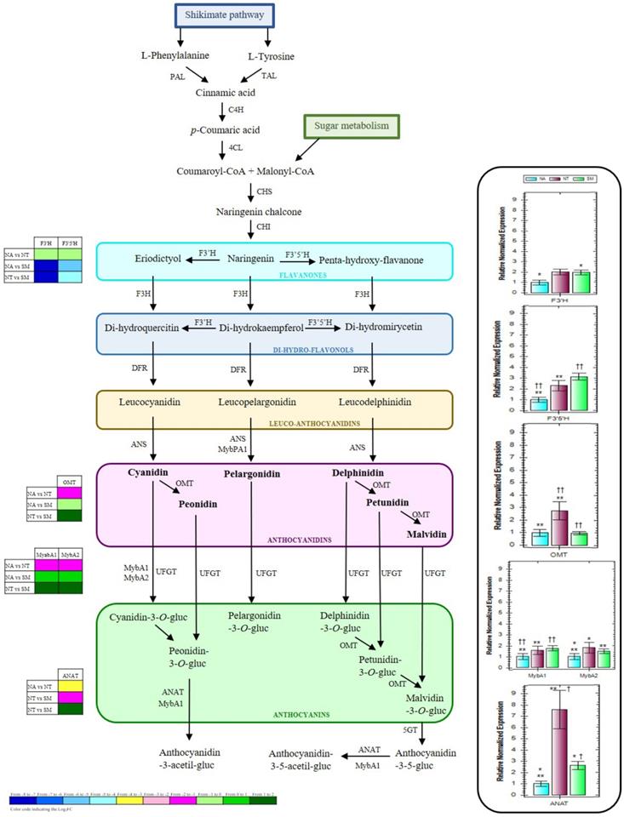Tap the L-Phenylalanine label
[175, 56]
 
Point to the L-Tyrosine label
[272, 57]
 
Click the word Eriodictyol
[159, 257]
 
